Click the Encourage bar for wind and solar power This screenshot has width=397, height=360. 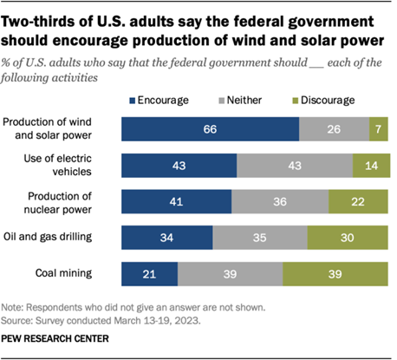coord(210,128)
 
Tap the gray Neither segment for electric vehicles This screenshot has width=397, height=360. coord(295,165)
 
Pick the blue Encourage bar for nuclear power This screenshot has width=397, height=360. coord(176,201)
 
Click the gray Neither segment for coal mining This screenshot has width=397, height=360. coord(230,274)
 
